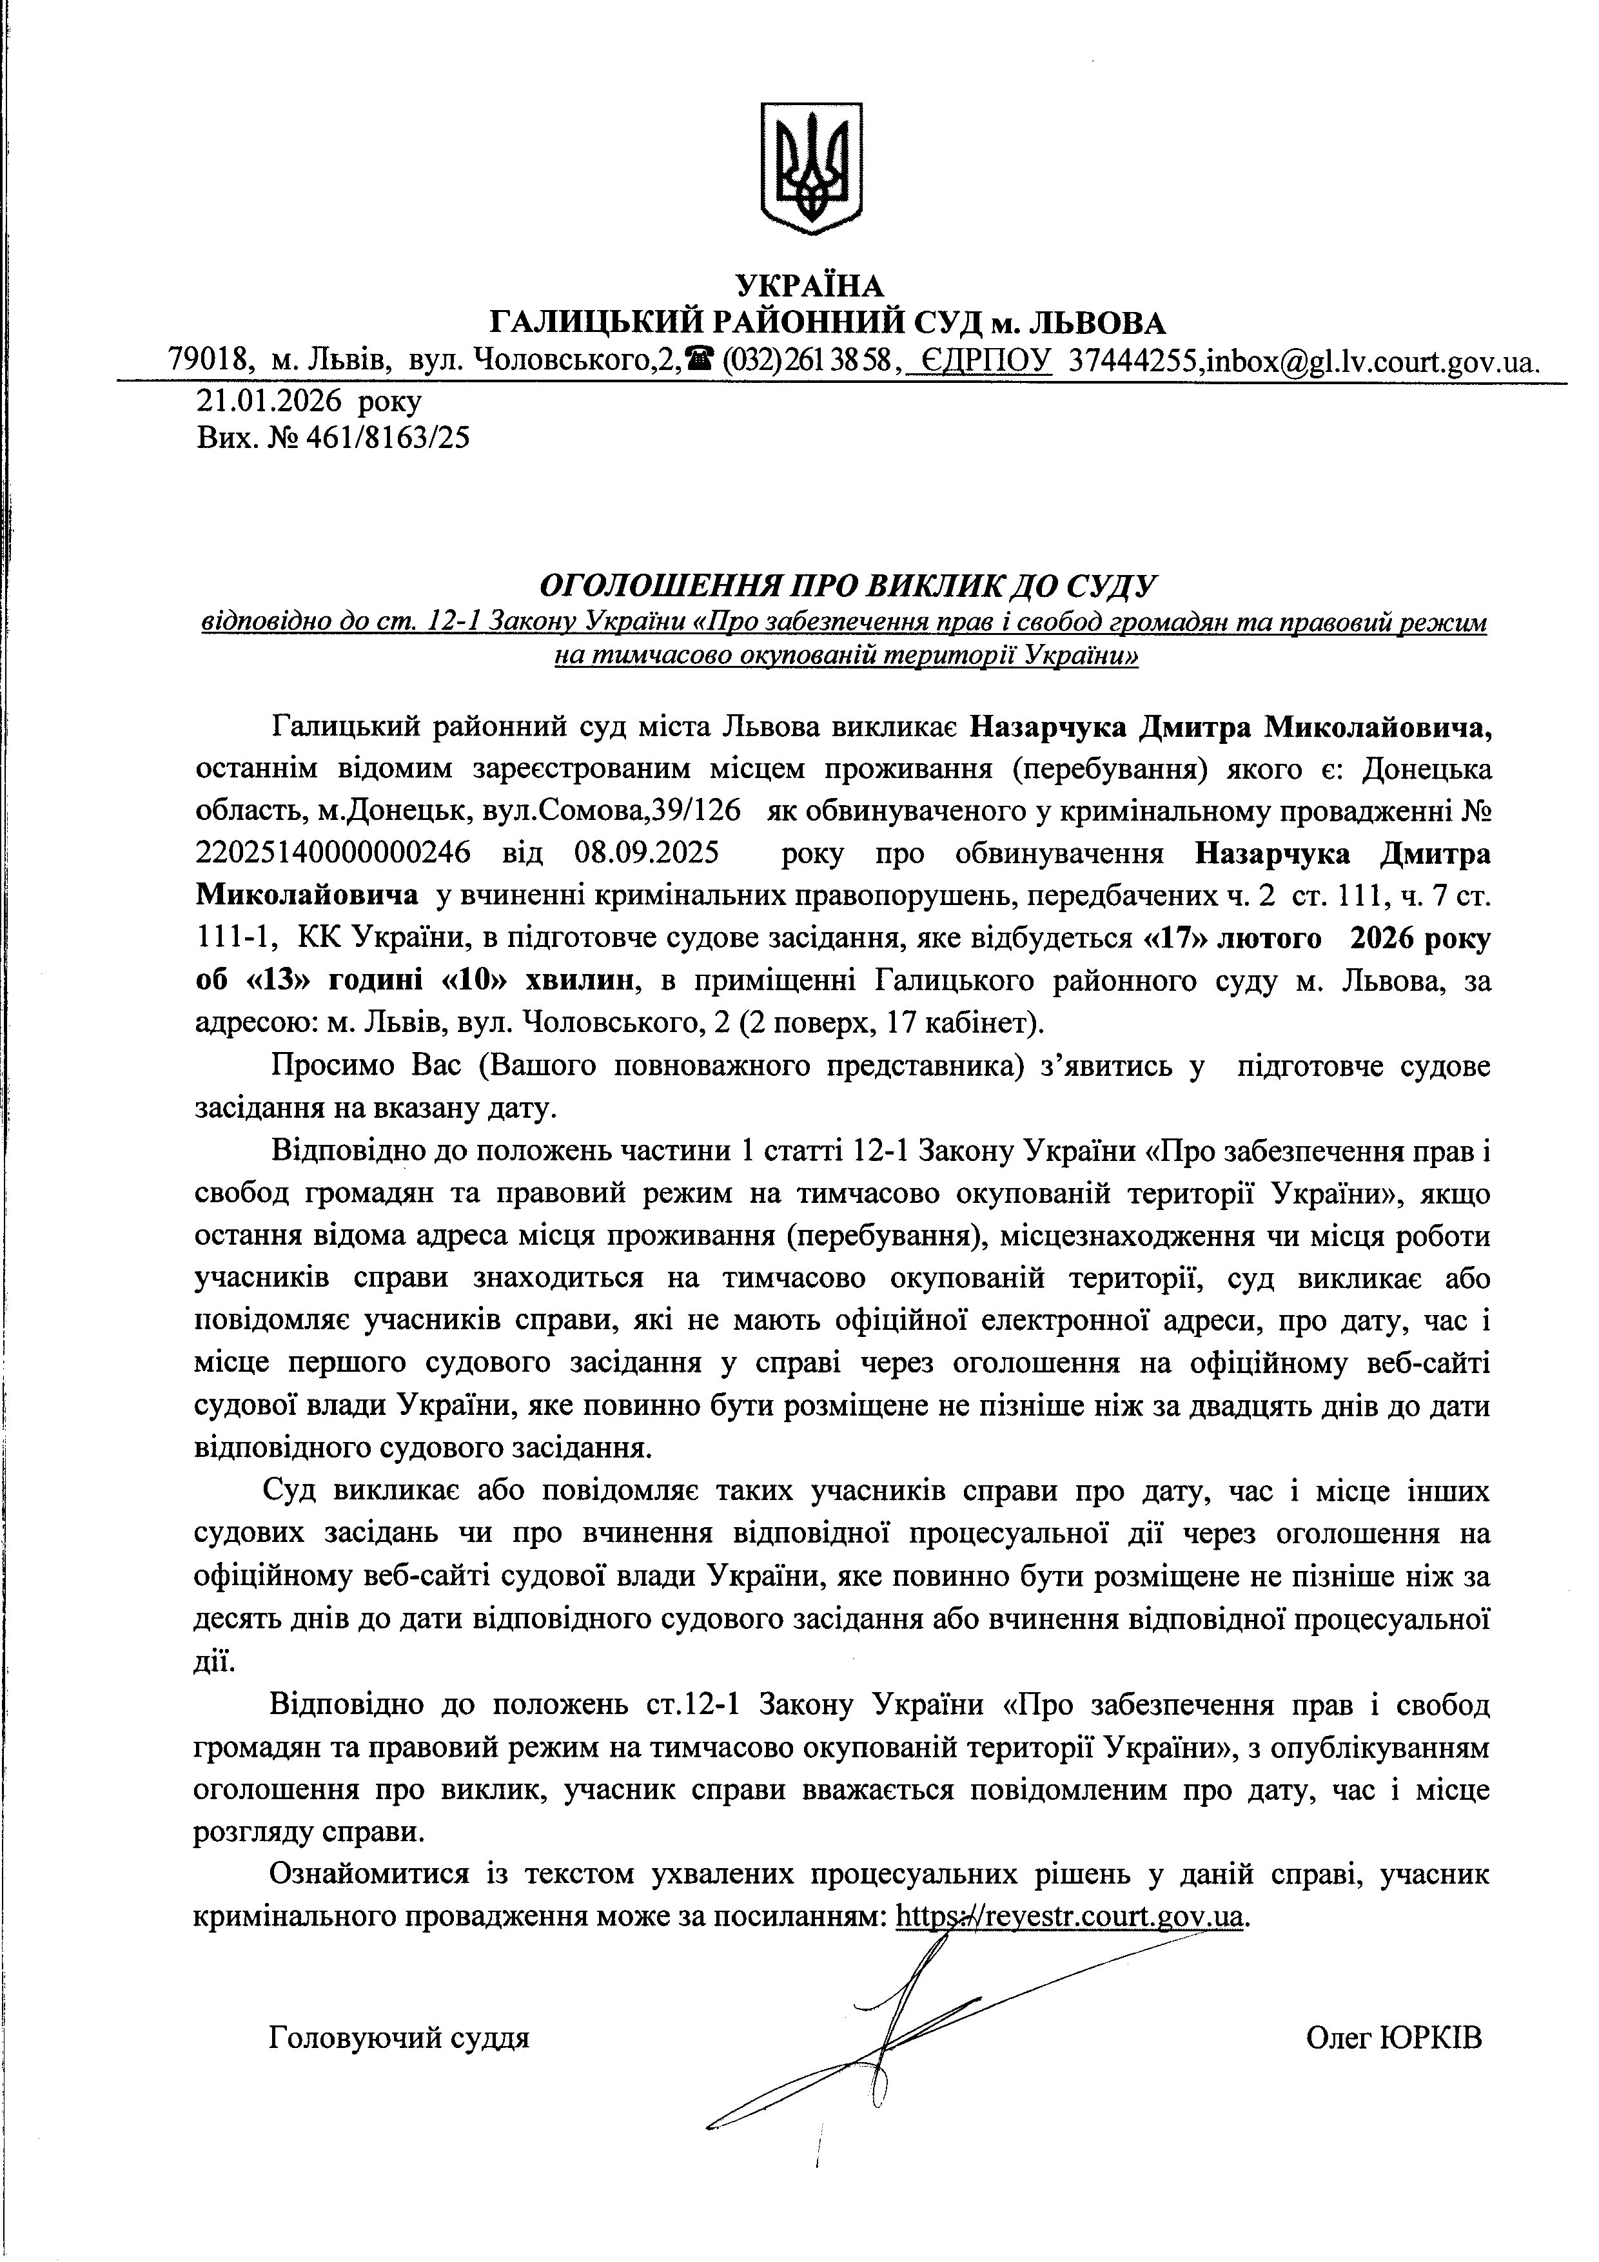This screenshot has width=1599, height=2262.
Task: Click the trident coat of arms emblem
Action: tap(811, 168)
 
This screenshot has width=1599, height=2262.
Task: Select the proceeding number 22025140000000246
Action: tap(333, 852)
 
